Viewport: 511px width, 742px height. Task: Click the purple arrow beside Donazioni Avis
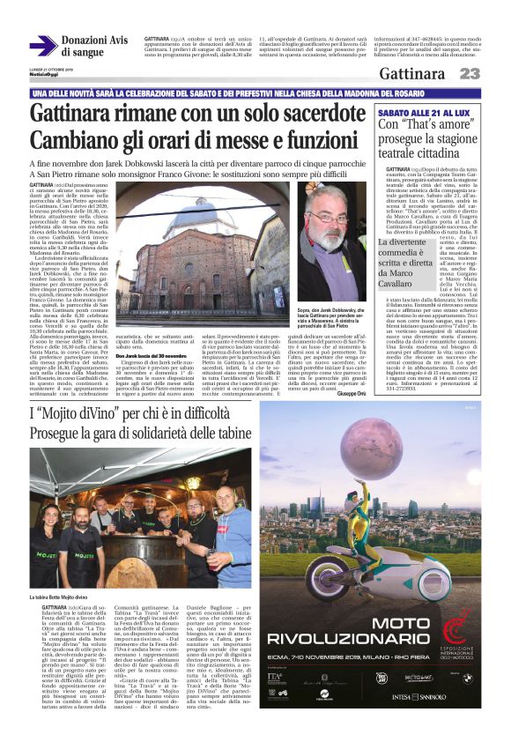(42, 46)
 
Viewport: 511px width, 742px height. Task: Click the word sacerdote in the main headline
(303, 114)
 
